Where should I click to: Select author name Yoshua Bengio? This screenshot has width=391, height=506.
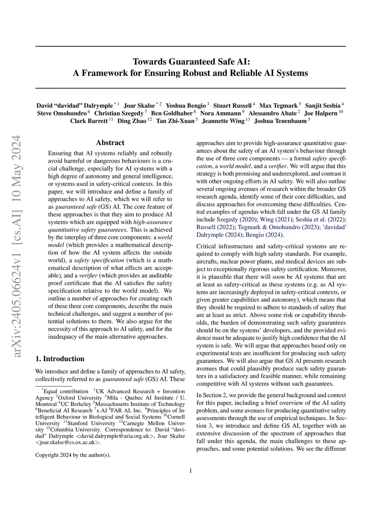(x=186, y=105)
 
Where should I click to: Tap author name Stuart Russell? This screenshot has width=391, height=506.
(x=232, y=105)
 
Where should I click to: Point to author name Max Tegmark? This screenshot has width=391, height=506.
(x=278, y=105)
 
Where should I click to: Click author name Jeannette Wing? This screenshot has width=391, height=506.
(x=223, y=121)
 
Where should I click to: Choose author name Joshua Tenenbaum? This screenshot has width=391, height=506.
(x=280, y=121)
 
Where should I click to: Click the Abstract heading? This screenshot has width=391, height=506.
(x=110, y=143)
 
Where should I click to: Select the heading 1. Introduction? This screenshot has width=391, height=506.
(x=60, y=359)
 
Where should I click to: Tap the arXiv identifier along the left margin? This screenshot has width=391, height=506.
(x=17, y=247)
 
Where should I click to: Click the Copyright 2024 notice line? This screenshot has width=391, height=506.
(x=73, y=455)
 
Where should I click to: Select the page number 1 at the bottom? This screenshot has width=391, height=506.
(x=191, y=471)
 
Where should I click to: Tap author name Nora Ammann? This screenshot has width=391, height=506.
(x=220, y=113)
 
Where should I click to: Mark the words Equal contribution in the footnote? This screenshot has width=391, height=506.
(x=65, y=391)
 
